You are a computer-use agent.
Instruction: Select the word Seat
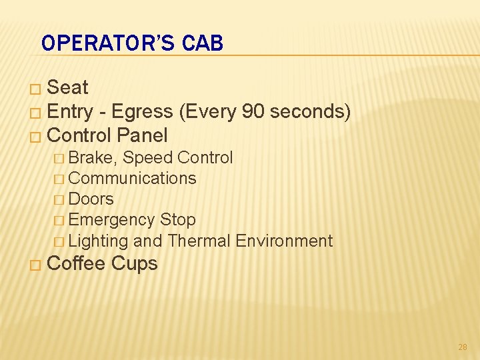[x=68, y=87]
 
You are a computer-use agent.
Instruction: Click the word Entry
[x=71, y=111]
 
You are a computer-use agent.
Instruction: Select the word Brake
[x=93, y=158]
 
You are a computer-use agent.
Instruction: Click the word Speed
[x=146, y=158]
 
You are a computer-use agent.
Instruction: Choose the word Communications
[x=132, y=179]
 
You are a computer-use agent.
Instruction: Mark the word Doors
[x=91, y=199]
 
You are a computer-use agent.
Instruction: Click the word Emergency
[x=111, y=220]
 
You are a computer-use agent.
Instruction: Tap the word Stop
[x=178, y=220]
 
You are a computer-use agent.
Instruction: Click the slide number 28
[x=463, y=347]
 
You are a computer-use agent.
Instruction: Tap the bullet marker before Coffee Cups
[x=37, y=265]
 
